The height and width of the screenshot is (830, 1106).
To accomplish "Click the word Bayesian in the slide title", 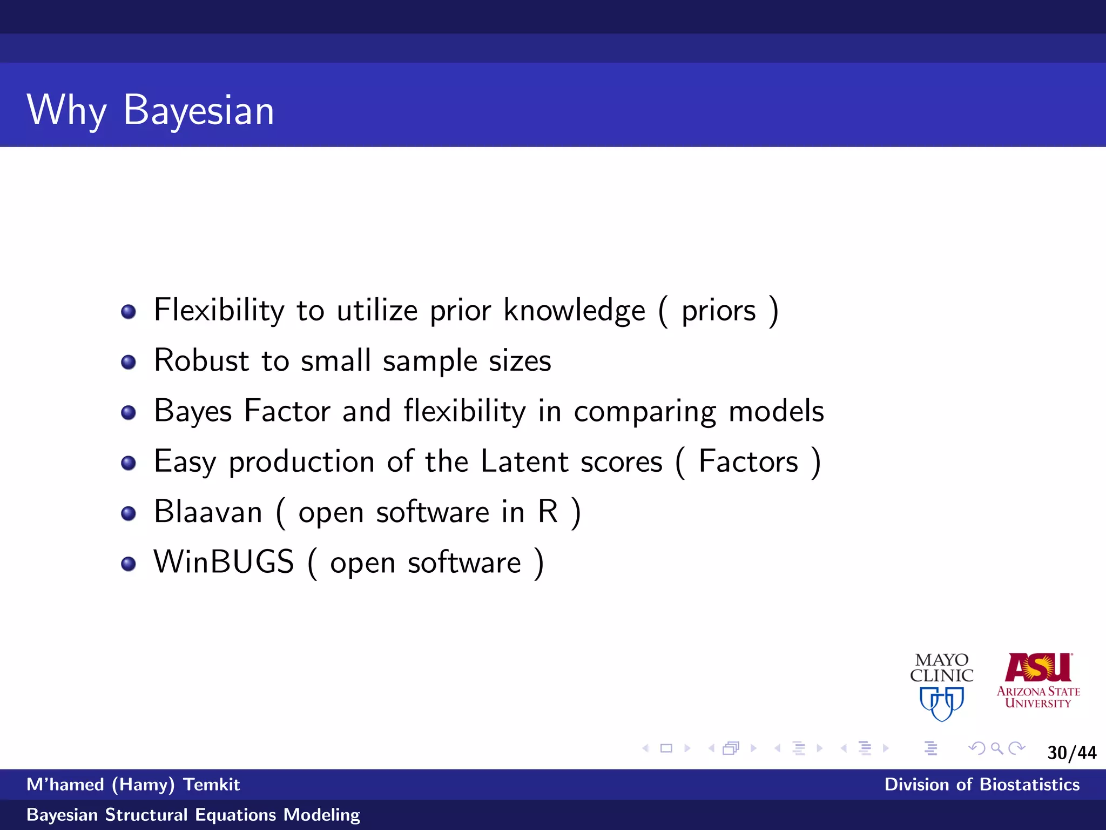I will [199, 110].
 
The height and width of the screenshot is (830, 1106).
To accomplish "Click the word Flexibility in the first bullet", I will [219, 310].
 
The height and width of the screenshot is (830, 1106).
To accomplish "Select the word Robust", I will [201, 360].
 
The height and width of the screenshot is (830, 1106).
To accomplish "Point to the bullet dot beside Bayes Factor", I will [129, 413].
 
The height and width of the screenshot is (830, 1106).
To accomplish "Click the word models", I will [776, 411].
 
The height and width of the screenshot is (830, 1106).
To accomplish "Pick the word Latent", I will [524, 461].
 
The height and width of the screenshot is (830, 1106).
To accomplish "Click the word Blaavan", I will [208, 512].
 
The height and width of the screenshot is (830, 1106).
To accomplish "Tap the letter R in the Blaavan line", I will [548, 511].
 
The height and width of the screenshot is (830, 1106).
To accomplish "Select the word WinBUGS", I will [224, 562].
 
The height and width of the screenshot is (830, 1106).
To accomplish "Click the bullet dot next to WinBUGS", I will [129, 564].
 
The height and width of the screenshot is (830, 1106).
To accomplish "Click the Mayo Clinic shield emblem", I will [941, 703].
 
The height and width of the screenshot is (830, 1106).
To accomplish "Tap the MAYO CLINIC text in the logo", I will [941, 668].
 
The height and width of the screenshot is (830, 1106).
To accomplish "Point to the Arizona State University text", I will [1038, 697].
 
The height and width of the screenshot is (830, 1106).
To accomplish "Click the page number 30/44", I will [1071, 753].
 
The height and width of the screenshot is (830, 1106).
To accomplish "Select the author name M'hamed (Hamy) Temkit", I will [133, 785].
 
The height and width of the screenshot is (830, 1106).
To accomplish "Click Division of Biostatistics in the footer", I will [981, 785].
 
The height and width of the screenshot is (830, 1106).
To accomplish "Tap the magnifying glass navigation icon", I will [997, 748].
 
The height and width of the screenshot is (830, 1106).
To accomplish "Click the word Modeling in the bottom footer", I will [322, 815].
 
